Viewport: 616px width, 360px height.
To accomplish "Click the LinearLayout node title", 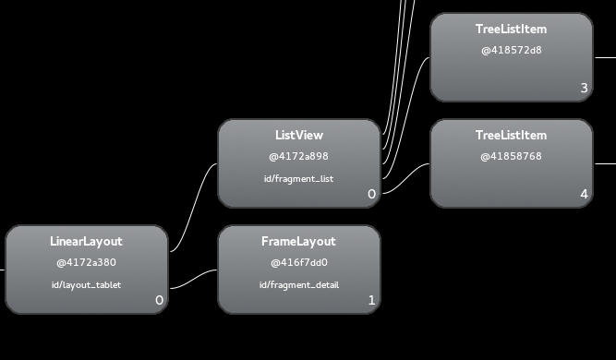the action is (x=86, y=242).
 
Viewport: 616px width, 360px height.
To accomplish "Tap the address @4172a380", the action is (x=86, y=263).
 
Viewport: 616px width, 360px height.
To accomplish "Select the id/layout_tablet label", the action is (x=86, y=285).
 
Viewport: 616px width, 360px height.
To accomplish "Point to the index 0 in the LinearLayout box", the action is (x=159, y=300).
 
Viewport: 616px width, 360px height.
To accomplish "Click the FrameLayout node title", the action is (x=298, y=242).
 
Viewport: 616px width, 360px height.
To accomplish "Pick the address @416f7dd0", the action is (x=299, y=263).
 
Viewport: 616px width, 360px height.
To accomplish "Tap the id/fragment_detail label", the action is (x=299, y=285).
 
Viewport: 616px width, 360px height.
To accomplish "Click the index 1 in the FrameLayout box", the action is (x=371, y=300).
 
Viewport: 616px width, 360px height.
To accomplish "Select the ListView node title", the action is (x=299, y=135).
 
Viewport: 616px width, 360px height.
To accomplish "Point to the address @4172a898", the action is (x=298, y=156).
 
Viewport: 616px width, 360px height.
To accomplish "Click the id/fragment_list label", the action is (x=298, y=179).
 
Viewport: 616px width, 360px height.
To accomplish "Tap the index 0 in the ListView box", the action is (x=371, y=194).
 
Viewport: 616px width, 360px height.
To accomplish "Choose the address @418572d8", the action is (x=512, y=50).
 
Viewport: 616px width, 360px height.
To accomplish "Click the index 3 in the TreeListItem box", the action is (x=585, y=88).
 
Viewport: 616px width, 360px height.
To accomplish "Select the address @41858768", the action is (x=511, y=156).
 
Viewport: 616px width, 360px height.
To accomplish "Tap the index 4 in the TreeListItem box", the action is (x=585, y=194).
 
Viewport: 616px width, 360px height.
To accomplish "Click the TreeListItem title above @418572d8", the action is (x=511, y=29).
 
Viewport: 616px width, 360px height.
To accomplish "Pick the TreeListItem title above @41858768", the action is (x=511, y=135).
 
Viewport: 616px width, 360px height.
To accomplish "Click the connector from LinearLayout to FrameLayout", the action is (x=193, y=279).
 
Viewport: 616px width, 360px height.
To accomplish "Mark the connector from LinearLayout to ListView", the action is (x=194, y=208).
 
